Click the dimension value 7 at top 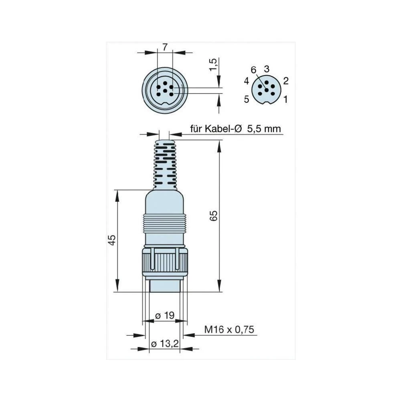(x=165, y=47)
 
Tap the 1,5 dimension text (x=214, y=65)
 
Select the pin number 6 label (x=253, y=70)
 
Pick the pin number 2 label (x=286, y=81)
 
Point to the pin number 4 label (x=247, y=81)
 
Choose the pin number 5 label (x=247, y=99)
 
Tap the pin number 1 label (x=286, y=99)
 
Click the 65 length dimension (x=214, y=216)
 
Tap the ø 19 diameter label (x=164, y=316)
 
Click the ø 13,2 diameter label (x=164, y=344)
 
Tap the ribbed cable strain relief (x=165, y=164)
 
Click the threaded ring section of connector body (x=165, y=223)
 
